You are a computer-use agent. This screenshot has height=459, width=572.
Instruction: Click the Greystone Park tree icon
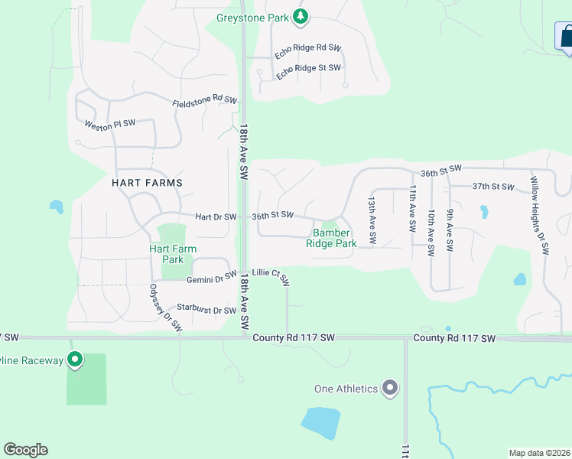301,16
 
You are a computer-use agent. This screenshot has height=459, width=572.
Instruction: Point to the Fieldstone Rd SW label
205,101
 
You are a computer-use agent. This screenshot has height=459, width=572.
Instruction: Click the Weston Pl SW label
109,124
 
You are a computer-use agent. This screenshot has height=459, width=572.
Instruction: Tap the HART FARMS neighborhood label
147,183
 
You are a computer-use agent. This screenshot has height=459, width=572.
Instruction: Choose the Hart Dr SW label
215,217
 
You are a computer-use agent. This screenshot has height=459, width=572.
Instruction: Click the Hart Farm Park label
173,254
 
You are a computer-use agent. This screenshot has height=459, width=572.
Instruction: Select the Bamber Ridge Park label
331,238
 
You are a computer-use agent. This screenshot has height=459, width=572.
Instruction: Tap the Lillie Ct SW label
271,276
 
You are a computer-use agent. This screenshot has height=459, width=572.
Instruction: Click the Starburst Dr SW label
206,310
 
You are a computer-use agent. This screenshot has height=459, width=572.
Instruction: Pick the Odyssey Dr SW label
165,307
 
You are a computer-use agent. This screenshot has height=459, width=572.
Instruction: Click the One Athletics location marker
390,389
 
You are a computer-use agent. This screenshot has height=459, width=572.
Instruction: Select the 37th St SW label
491,186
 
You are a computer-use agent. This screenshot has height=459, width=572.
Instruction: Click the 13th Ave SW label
372,220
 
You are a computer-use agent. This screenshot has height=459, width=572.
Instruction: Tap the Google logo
25,450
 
